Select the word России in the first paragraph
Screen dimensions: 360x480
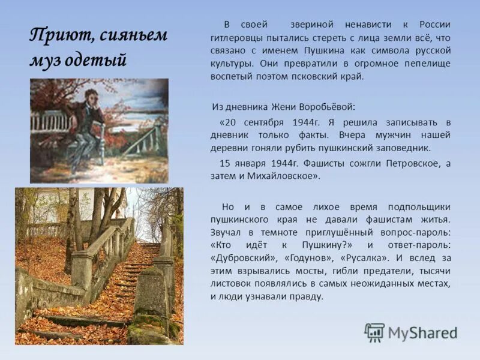[434, 24]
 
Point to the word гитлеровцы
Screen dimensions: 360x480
[235, 37]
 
